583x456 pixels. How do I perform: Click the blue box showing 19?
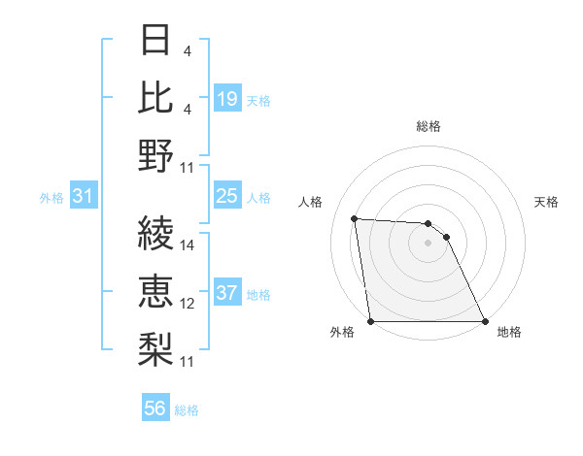pyautogui.click(x=226, y=99)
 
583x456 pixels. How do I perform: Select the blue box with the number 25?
pyautogui.click(x=226, y=197)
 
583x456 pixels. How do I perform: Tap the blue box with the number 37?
pyautogui.click(x=226, y=294)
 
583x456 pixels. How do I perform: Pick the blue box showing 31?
pyautogui.click(x=83, y=197)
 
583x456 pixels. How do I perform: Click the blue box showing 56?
pyautogui.click(x=154, y=409)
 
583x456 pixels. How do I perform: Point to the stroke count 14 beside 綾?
pyautogui.click(x=189, y=245)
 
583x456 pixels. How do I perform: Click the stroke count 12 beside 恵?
pyautogui.click(x=189, y=304)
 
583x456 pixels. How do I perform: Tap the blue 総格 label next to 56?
pyautogui.click(x=187, y=410)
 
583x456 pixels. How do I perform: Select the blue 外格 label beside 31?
pyautogui.click(x=51, y=198)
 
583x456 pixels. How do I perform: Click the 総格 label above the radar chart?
pyautogui.click(x=428, y=126)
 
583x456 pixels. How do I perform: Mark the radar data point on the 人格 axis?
pyautogui.click(x=355, y=218)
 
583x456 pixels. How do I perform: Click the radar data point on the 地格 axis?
pyautogui.click(x=485, y=321)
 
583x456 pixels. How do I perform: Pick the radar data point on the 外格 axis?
pyautogui.click(x=370, y=321)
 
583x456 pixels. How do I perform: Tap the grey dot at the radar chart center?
pyautogui.click(x=428, y=243)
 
